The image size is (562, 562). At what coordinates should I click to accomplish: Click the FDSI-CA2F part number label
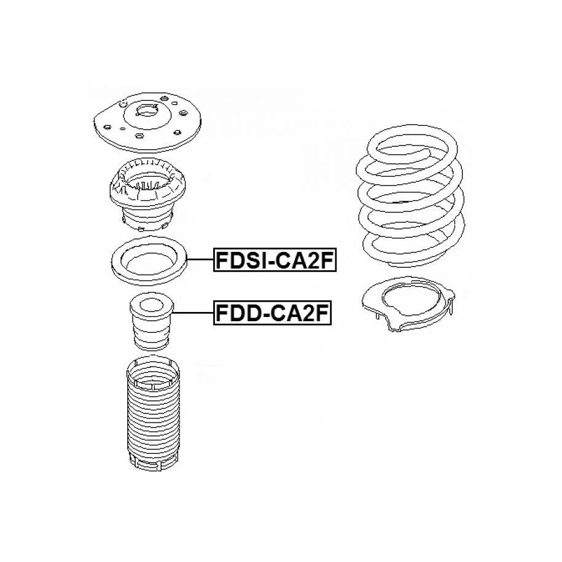click(x=275, y=260)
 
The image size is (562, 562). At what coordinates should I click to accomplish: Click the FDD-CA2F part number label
click(x=272, y=313)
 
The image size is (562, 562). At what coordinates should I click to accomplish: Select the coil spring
click(x=410, y=197)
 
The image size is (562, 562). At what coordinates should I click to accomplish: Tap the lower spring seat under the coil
click(x=408, y=305)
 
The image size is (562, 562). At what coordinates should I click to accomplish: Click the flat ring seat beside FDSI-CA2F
click(x=149, y=260)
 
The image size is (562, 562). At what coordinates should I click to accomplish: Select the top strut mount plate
click(x=147, y=122)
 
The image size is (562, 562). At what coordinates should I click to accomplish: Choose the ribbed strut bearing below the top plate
click(x=147, y=195)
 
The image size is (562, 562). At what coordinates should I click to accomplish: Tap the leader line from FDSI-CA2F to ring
click(x=200, y=259)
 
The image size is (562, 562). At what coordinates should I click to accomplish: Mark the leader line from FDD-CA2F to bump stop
click(x=193, y=313)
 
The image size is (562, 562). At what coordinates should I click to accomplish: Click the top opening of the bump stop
click(x=151, y=306)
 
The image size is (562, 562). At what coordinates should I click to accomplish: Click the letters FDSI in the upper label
click(x=240, y=260)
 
